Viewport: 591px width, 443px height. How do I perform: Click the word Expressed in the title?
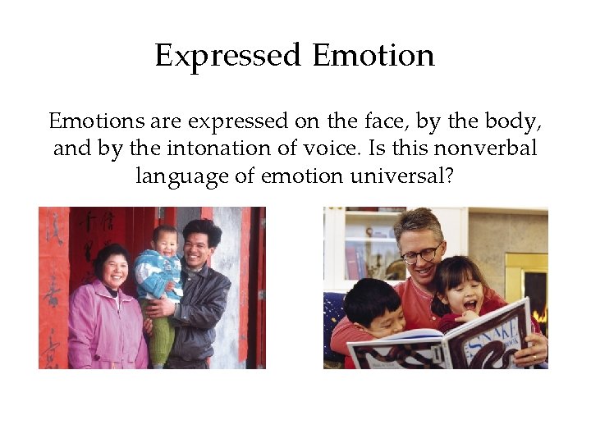pyautogui.click(x=228, y=56)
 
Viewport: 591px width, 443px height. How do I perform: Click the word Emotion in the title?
pyautogui.click(x=373, y=56)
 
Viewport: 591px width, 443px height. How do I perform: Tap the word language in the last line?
pyautogui.click(x=180, y=176)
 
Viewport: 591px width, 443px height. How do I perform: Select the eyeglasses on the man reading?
pyautogui.click(x=423, y=254)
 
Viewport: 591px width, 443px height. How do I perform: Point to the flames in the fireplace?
pyautogui.click(x=540, y=315)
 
